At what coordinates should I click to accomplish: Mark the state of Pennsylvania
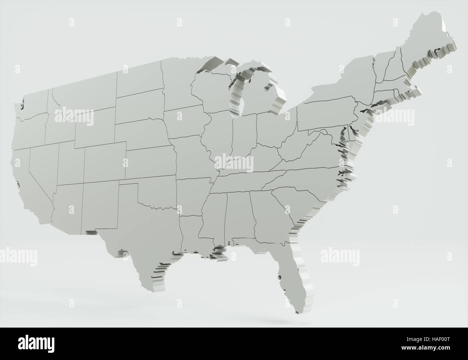click(x=326, y=115)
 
